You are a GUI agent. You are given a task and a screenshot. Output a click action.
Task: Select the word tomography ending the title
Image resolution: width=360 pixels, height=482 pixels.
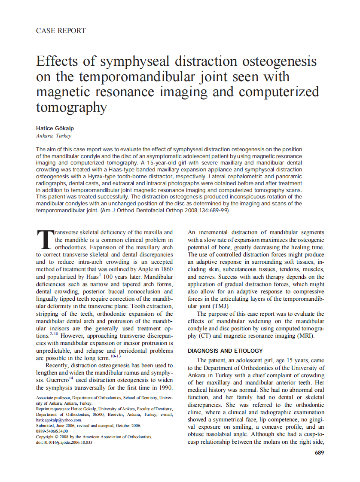pyautogui.click(x=71, y=107)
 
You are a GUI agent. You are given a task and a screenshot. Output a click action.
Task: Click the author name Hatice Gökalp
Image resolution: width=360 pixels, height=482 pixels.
pyautogui.click(x=55, y=128)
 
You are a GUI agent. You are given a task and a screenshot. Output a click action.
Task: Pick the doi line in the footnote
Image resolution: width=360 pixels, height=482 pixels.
pyautogui.click(x=64, y=442)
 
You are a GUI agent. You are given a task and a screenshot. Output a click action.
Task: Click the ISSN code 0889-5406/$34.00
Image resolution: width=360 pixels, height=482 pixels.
pyautogui.click(x=52, y=431)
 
